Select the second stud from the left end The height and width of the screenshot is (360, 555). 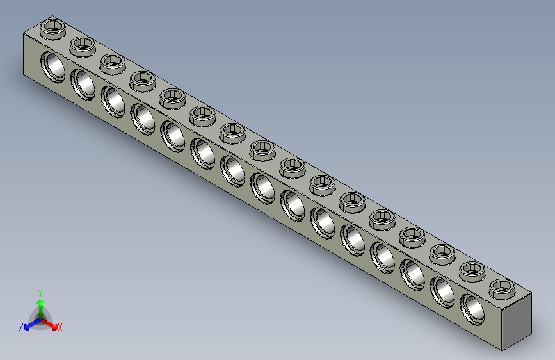click(83, 45)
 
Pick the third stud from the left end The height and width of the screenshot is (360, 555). click(112, 62)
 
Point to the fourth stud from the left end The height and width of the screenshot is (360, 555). click(142, 79)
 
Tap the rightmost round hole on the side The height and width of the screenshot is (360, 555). click(473, 307)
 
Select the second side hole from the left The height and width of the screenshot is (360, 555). click(83, 83)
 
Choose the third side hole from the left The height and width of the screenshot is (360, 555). click(113, 101)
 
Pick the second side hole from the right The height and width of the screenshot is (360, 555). click(443, 290)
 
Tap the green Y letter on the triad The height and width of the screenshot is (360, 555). click(40, 292)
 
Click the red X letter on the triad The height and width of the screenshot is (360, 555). click(60, 328)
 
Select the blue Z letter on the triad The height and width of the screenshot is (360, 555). click(21, 327)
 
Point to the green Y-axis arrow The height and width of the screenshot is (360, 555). click(40, 305)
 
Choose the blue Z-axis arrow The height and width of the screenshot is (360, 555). click(29, 325)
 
